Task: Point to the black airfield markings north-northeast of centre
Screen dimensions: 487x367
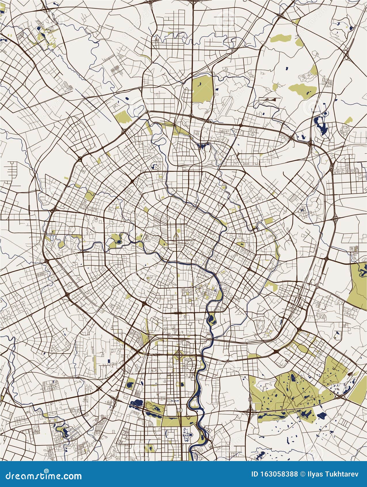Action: (270, 99)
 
